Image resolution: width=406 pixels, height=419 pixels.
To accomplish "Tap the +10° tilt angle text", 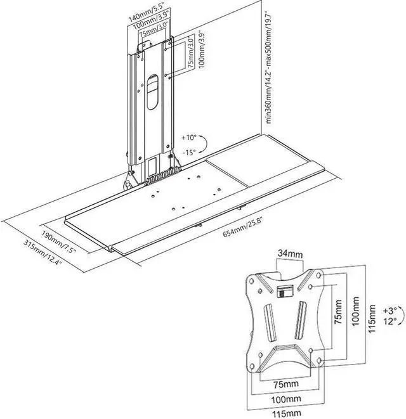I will [x=189, y=137].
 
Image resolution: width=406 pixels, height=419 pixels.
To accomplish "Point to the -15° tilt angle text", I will [x=190, y=152].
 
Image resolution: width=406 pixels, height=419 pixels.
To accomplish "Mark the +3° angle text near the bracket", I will [x=390, y=310].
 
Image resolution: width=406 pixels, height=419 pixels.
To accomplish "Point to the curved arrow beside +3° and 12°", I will [x=379, y=316].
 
